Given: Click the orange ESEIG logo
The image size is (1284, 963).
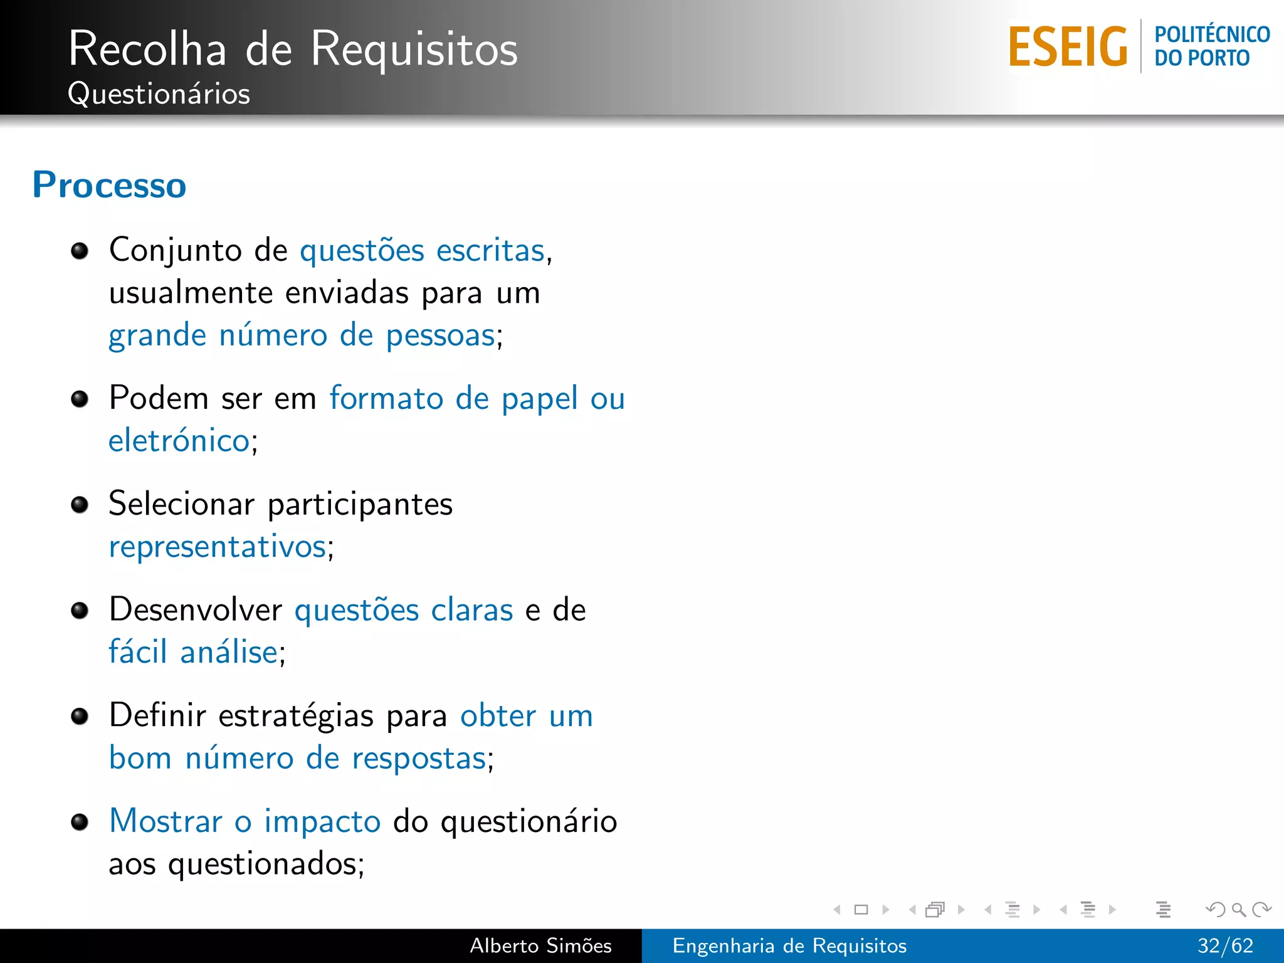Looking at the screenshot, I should pos(1068,47).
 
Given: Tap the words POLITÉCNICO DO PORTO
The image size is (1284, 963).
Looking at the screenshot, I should pos(1211,46).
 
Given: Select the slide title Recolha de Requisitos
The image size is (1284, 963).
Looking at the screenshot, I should pos(293,49).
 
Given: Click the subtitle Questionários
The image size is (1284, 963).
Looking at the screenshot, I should pos(159,94).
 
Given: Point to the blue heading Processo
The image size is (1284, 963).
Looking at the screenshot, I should pos(110,185).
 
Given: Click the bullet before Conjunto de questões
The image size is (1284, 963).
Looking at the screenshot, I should pos(80,251).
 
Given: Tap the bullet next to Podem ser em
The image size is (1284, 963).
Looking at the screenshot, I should pos(80,399).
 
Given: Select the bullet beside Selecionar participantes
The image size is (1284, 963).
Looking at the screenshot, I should pos(80,505).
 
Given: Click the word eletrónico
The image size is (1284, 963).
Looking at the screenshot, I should pos(179,440).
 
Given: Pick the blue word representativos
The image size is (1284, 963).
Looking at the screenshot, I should pos(218,547).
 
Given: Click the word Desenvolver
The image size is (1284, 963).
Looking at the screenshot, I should pos(196,609).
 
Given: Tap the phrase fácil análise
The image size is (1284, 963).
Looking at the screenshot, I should pos(193,652).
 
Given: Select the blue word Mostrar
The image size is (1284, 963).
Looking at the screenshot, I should pos(166,821).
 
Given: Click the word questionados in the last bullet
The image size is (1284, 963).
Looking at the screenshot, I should pos(263,865).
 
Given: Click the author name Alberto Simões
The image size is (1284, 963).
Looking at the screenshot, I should pos(540,945).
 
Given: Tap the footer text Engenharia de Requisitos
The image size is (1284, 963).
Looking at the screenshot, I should pos(789,945).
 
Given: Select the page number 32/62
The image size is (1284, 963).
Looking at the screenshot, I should pos(1225,945).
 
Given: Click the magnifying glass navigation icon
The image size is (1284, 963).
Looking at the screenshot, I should pos(1238,909).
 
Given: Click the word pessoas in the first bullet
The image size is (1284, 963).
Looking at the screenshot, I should pos(440,336).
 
